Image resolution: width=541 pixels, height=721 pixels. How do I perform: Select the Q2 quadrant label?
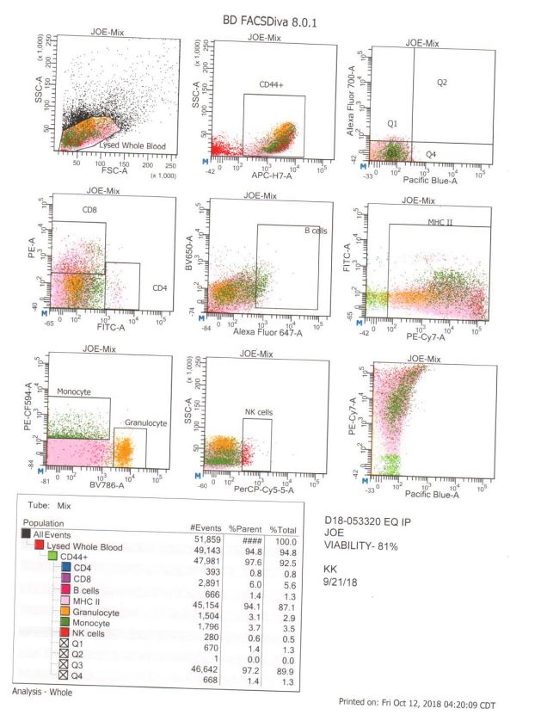point(442,83)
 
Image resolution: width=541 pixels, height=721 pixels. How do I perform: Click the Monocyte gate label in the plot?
point(74,391)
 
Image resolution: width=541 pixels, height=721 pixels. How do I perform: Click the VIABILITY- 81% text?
point(365,545)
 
